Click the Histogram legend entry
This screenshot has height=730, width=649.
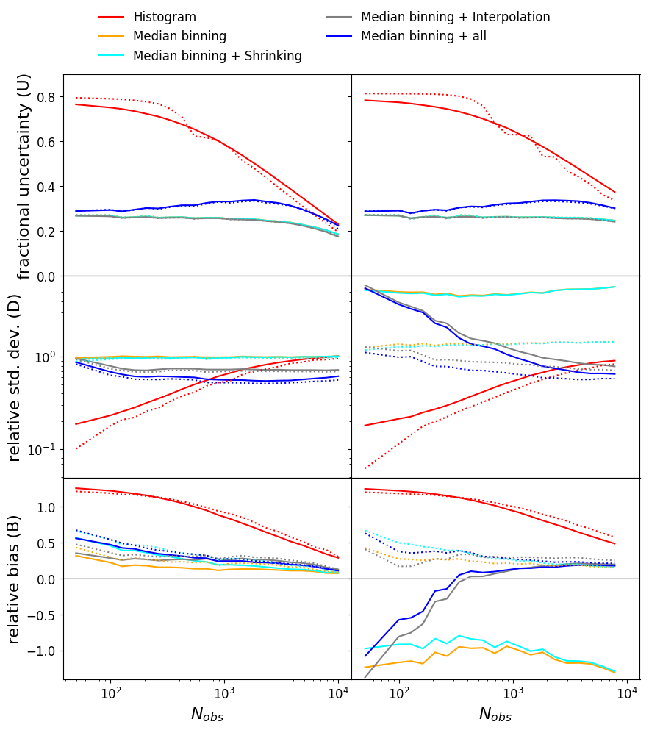coord(165,16)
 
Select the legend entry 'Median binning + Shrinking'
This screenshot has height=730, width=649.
coord(218,56)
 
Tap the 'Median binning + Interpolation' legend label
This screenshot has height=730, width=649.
coord(455,16)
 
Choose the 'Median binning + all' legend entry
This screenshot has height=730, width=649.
coord(423,36)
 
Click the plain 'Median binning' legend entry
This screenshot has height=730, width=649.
coord(180,36)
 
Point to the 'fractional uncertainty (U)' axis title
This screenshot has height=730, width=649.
coord(24,176)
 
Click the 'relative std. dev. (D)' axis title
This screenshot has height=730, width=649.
coord(15,377)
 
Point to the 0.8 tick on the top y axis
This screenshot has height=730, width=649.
coord(46,97)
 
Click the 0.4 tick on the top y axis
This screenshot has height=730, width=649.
coord(46,187)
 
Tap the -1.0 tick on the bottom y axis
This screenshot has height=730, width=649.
coord(42,651)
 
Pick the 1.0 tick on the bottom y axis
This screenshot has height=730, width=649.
coord(46,507)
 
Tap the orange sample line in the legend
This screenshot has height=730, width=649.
coord(112,36)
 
